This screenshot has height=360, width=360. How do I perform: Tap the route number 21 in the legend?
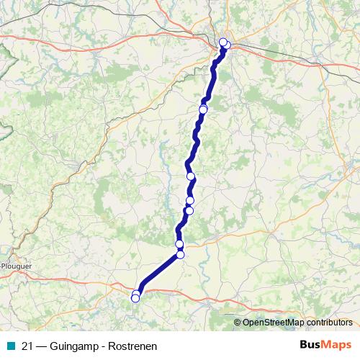[x=27, y=345]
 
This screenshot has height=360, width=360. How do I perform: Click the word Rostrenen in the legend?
[x=134, y=345]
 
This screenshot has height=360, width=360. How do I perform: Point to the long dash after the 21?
[x=42, y=345]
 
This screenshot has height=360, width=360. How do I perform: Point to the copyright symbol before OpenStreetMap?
[x=238, y=322]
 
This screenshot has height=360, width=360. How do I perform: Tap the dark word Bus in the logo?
[x=312, y=345]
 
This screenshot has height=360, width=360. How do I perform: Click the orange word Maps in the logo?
[x=336, y=345]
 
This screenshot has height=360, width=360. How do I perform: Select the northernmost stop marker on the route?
[x=223, y=42]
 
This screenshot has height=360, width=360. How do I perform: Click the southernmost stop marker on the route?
[x=135, y=298]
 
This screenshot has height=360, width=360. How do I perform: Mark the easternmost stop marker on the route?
[x=226, y=45]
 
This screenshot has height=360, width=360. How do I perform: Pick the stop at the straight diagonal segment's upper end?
[x=180, y=254]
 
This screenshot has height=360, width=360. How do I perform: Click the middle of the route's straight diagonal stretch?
[x=158, y=274]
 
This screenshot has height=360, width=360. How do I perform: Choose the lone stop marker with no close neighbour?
[x=191, y=176]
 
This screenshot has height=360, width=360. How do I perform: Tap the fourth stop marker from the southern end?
[x=179, y=245]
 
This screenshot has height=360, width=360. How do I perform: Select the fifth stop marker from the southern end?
[x=189, y=210]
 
